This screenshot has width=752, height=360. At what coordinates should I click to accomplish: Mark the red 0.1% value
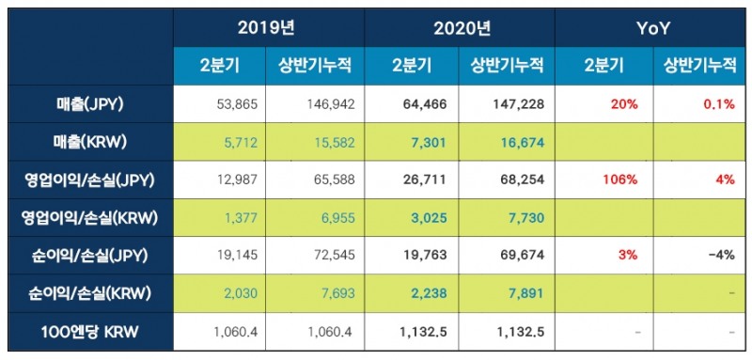coord(718,103)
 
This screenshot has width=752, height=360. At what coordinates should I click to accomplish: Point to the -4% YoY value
coord(721,255)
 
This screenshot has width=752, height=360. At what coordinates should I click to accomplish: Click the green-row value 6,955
coord(335,217)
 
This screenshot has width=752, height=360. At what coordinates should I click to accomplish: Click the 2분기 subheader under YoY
coord(603,65)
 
